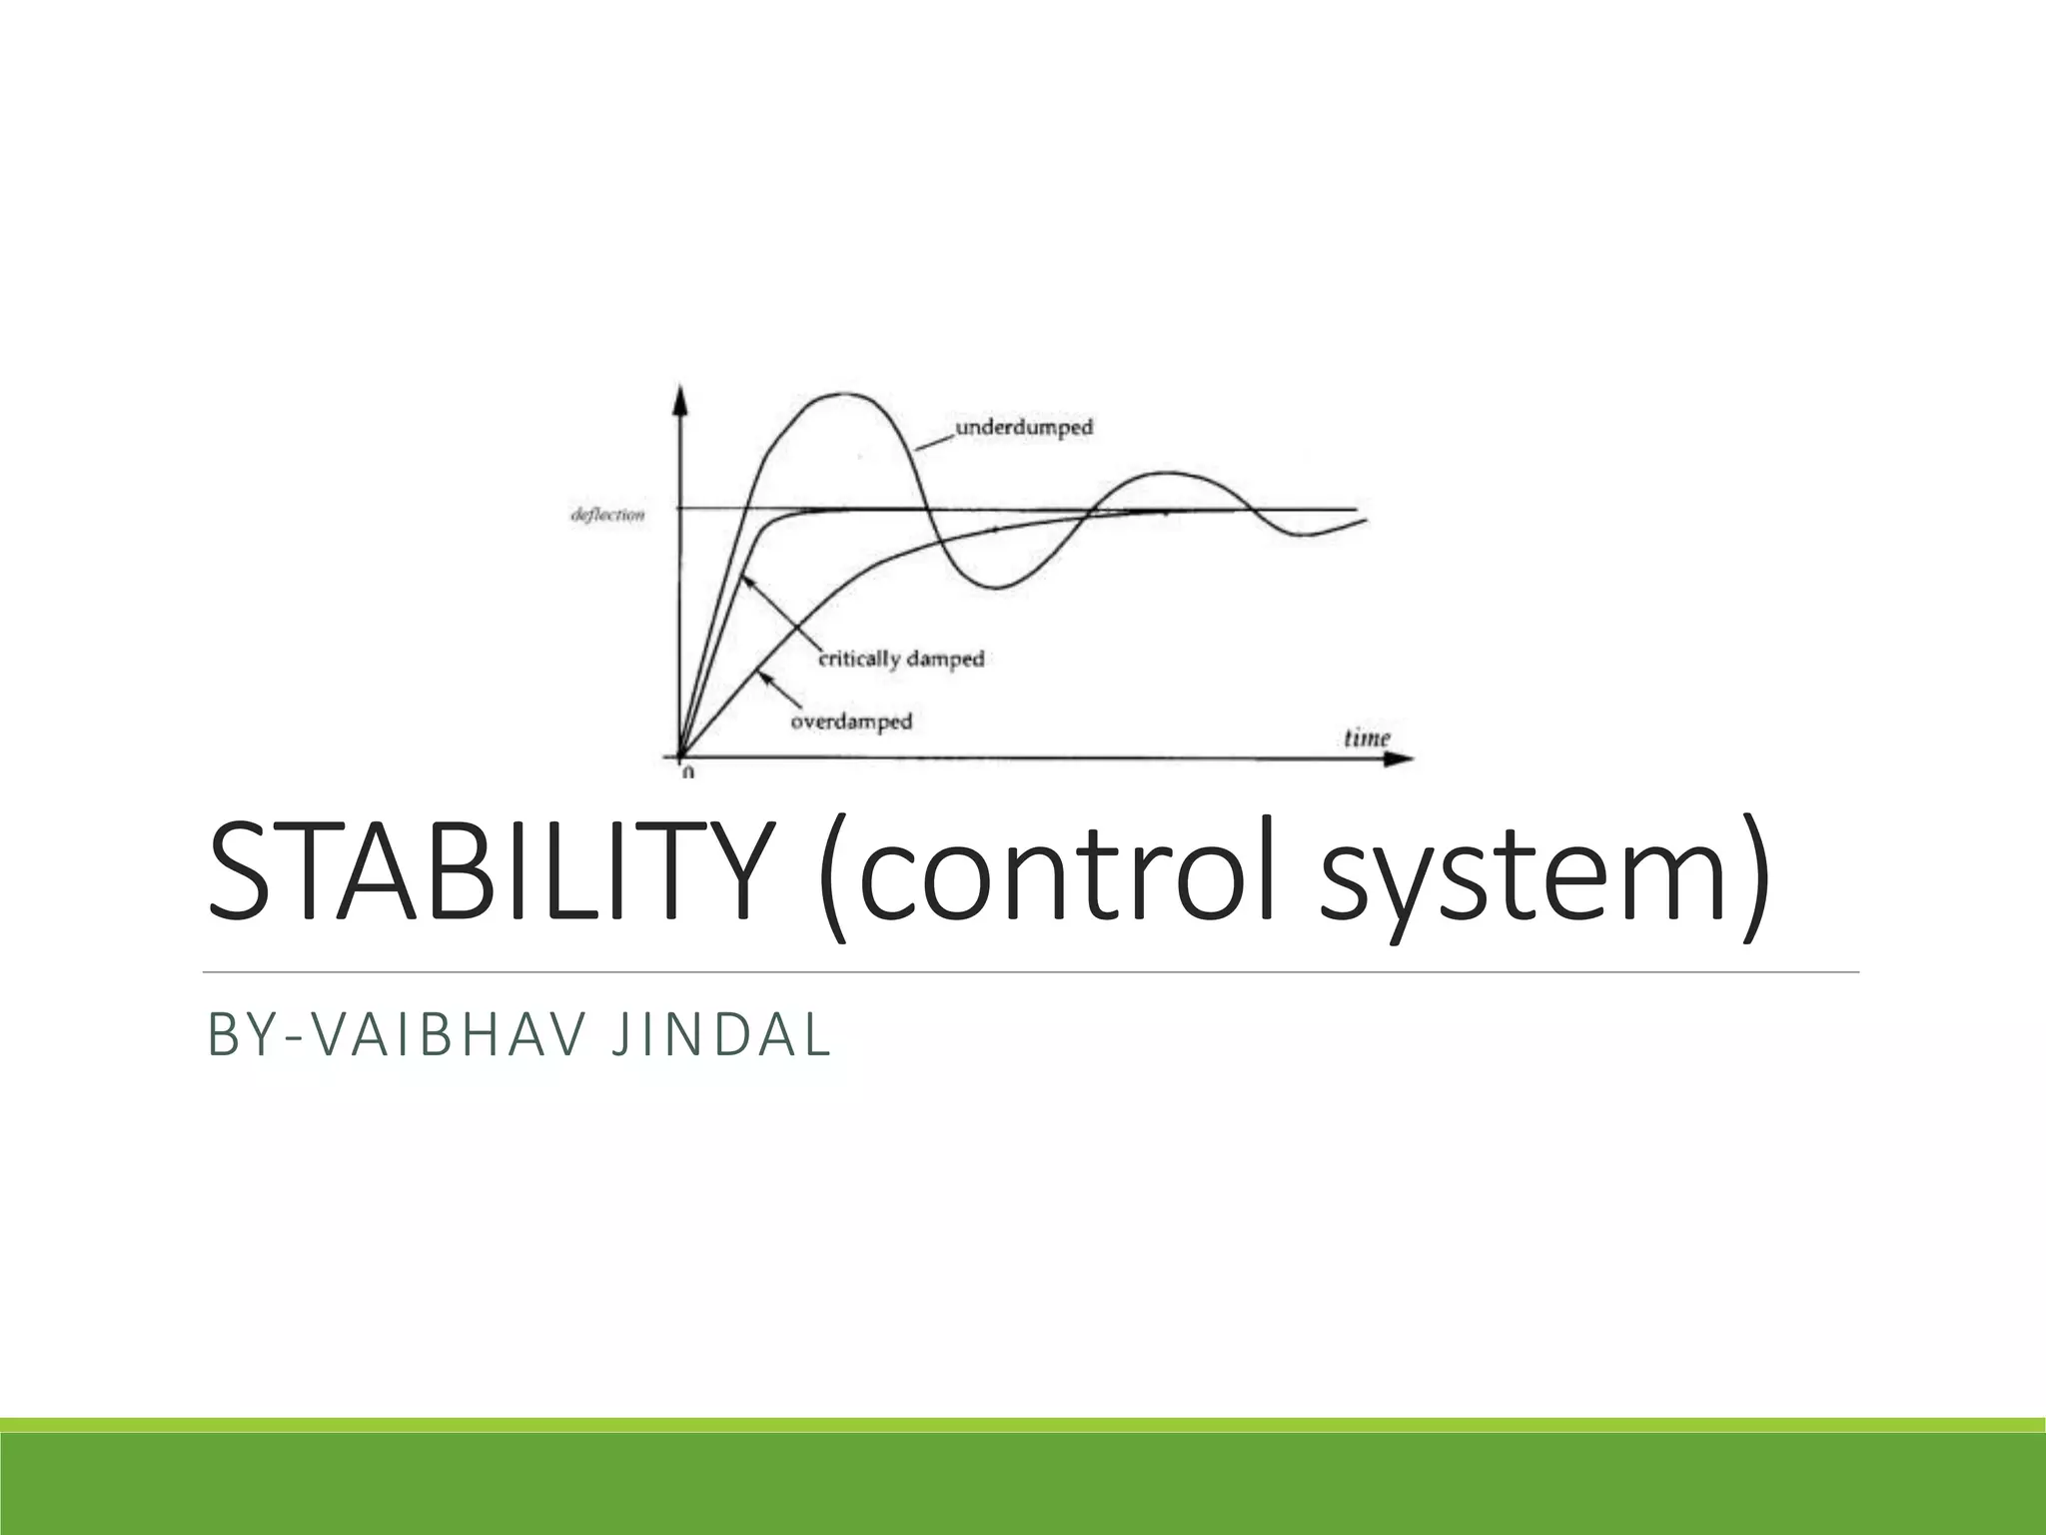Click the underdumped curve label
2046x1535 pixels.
[1024, 428]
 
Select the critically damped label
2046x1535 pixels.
[902, 660]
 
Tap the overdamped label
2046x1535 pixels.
[851, 721]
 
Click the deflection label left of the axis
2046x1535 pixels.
[607, 516]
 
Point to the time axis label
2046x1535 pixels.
[1367, 739]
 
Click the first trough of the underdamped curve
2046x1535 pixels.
[997, 588]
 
